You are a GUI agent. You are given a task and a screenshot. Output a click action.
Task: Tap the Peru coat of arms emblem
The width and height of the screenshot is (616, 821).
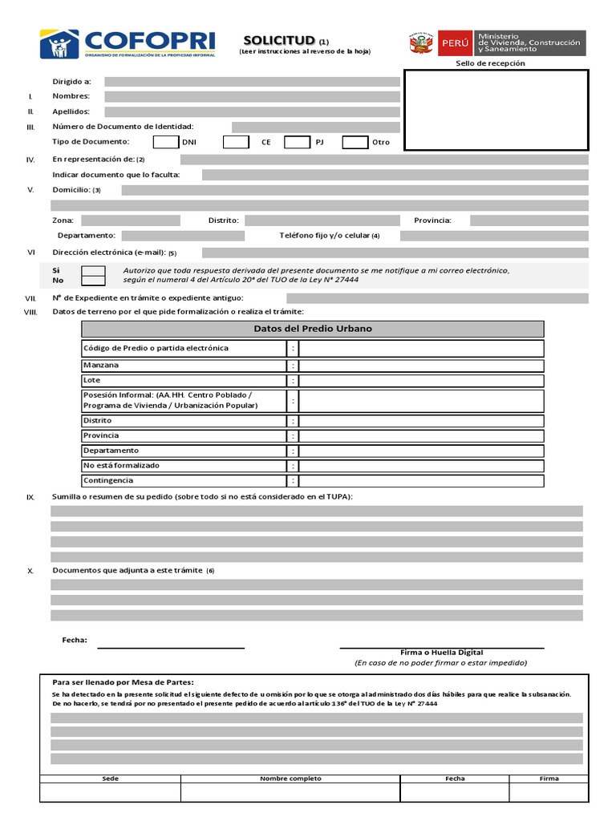point(421,43)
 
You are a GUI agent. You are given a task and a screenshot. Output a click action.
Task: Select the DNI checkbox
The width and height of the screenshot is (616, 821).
point(165,142)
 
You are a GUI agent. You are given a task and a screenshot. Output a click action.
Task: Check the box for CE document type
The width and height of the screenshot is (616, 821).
point(236,142)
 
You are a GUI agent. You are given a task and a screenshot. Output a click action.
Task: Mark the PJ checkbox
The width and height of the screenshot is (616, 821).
point(297,142)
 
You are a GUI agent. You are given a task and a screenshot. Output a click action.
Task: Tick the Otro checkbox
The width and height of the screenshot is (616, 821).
point(355,142)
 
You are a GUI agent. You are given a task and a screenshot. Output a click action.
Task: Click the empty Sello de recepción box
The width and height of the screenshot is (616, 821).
point(496,110)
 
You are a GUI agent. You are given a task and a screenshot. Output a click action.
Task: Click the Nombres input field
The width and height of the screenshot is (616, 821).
point(252,96)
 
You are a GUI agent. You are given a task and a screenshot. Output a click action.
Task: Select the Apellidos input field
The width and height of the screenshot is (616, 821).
point(252,111)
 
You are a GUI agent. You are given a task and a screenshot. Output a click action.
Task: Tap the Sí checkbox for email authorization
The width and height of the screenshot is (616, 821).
point(94,271)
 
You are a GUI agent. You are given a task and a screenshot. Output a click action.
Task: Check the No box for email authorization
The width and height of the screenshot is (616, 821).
point(94,281)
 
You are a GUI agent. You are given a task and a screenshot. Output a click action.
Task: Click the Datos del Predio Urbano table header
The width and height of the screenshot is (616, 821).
point(312,329)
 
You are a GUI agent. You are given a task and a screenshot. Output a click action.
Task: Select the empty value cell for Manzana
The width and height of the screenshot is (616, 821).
point(421,366)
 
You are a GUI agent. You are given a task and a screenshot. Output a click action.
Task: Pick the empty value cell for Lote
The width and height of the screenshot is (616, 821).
point(421,381)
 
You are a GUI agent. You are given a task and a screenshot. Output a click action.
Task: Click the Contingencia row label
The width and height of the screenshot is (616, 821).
point(108,480)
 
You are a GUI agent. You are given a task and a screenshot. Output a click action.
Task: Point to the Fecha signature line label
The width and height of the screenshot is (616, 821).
point(75,640)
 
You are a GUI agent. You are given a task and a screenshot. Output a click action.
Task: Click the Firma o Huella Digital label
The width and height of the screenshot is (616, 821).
point(441,653)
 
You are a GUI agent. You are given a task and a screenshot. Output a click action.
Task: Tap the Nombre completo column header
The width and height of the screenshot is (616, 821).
point(290,779)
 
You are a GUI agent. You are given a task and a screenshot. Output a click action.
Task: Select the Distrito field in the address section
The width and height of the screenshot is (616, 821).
point(322,220)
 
